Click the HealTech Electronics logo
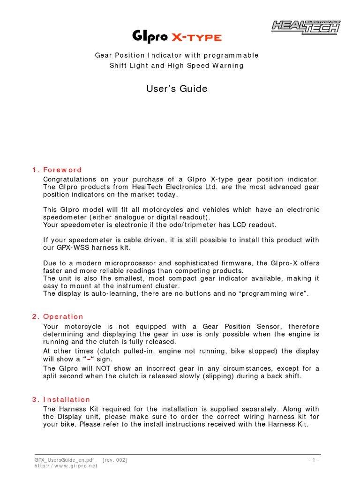coord(306,27)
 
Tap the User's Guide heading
coord(177,89)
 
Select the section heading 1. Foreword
coord(57,170)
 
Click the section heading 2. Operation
coord(58,316)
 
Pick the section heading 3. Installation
coord(61,399)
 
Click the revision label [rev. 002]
coord(114,460)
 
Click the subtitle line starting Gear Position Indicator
coord(177,55)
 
